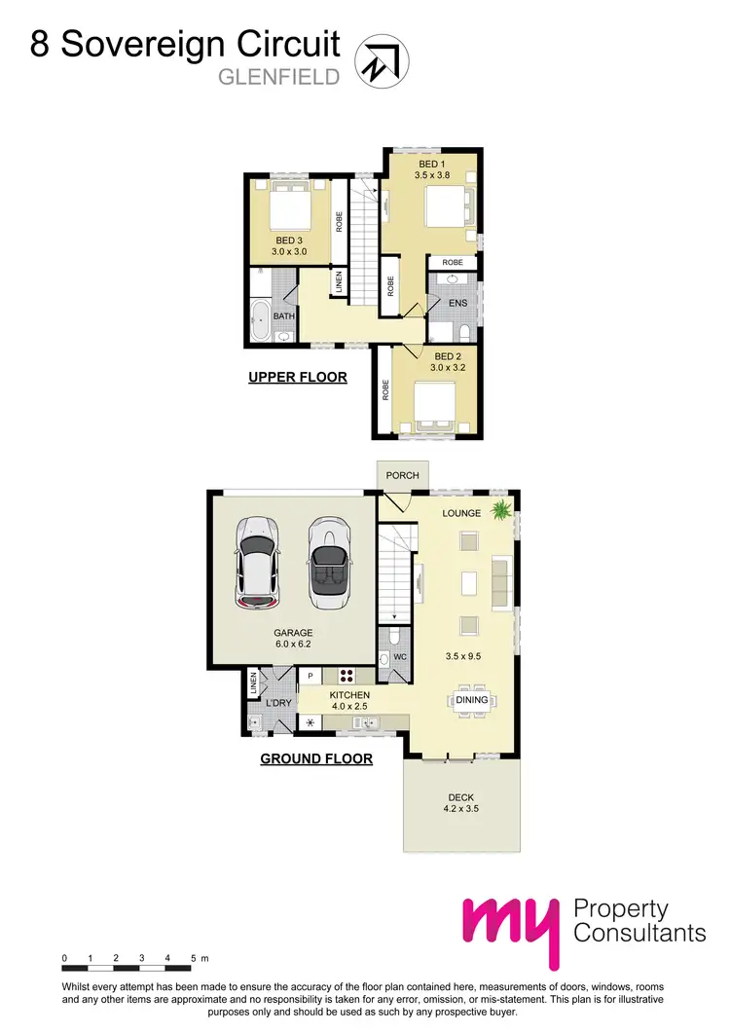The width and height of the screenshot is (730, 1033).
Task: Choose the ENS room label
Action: tap(457, 303)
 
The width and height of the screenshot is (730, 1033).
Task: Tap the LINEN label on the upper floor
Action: tap(339, 282)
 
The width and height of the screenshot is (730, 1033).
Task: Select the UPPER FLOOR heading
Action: tap(297, 377)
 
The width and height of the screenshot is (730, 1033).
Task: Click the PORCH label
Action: tap(402, 475)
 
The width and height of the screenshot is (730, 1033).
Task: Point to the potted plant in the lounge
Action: tap(502, 509)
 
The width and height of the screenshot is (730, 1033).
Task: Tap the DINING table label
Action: tap(472, 699)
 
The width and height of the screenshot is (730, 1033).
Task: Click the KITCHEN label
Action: tap(348, 695)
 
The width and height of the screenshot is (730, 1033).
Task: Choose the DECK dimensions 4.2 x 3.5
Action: tap(461, 807)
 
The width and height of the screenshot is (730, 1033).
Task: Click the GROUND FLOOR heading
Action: tap(316, 757)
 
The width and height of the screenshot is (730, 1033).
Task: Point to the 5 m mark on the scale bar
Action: tap(194, 959)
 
